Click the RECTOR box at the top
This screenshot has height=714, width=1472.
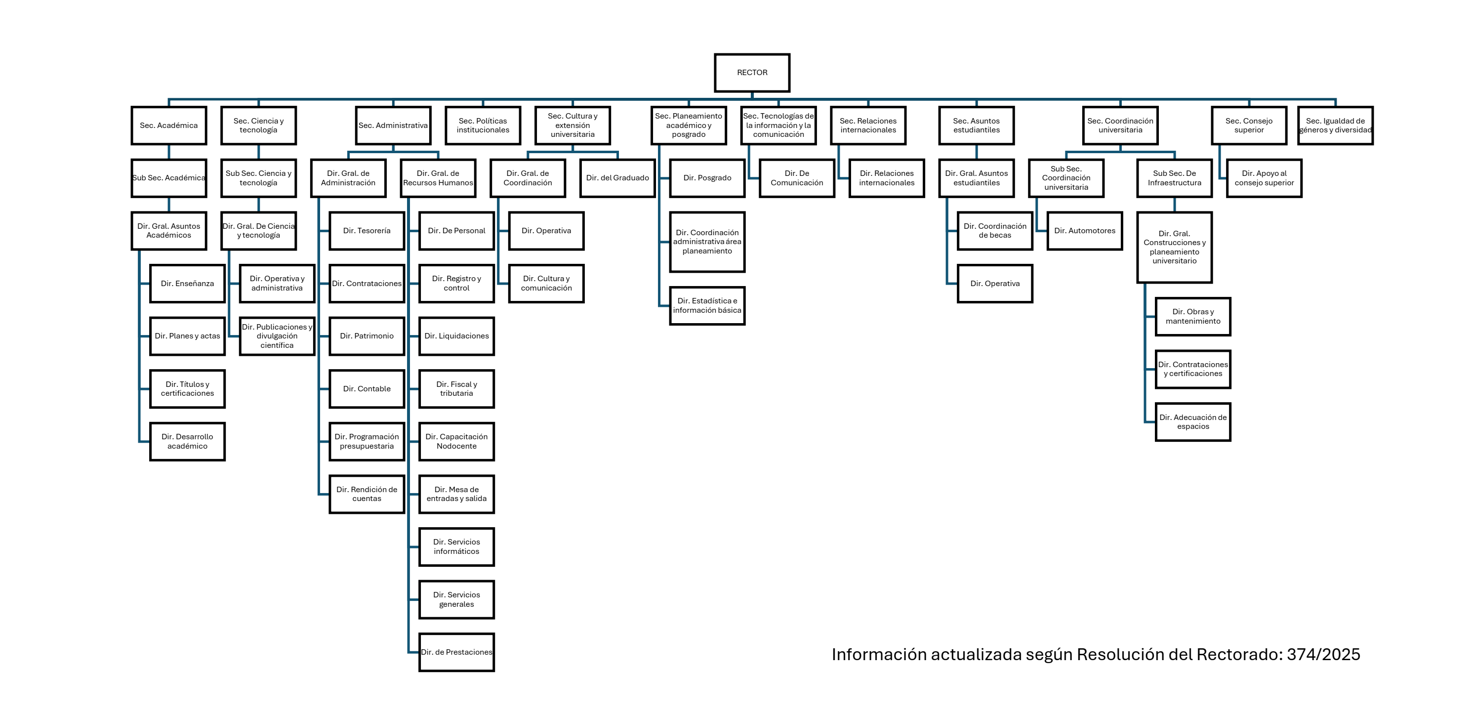[752, 73]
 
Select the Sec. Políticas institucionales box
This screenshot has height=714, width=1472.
[483, 125]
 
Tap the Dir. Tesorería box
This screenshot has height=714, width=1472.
[367, 231]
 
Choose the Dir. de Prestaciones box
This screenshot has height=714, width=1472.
[456, 652]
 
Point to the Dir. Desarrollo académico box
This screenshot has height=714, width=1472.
[187, 441]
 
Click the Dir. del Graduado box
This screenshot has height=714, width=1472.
[617, 178]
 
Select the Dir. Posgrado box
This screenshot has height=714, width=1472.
[707, 178]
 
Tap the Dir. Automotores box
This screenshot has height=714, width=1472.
[1085, 231]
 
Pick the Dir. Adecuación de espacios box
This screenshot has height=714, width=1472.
[1192, 422]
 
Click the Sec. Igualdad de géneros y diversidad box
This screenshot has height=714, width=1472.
[1336, 125]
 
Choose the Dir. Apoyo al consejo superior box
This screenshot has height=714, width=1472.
[1264, 178]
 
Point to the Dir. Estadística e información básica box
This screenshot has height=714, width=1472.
[707, 306]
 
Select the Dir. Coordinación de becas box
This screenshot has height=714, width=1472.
[995, 231]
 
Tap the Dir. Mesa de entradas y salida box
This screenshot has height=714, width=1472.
[456, 494]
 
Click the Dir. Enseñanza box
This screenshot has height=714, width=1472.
[187, 284]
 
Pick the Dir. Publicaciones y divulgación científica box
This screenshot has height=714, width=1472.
[277, 336]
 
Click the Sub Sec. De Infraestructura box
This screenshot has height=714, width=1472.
[1174, 178]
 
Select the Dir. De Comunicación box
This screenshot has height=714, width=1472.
[797, 178]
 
